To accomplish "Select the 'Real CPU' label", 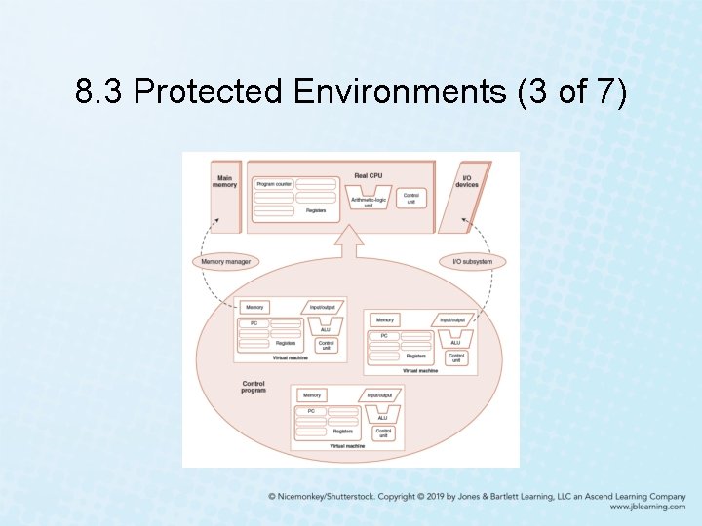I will point(368,175).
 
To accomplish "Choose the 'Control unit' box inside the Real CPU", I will point(411,198).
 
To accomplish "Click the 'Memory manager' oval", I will point(226,261).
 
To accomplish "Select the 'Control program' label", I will point(253,386).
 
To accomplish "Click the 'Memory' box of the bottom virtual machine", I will point(312,395).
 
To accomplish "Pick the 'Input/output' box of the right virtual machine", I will point(452,319).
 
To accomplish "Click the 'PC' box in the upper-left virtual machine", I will point(253,322).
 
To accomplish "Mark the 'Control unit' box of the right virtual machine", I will point(456,357).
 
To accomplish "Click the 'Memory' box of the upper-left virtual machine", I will point(254,307).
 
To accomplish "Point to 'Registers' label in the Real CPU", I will point(316,210).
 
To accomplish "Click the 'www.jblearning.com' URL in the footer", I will point(647,507).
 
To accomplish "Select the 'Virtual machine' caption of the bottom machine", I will point(347,445).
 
